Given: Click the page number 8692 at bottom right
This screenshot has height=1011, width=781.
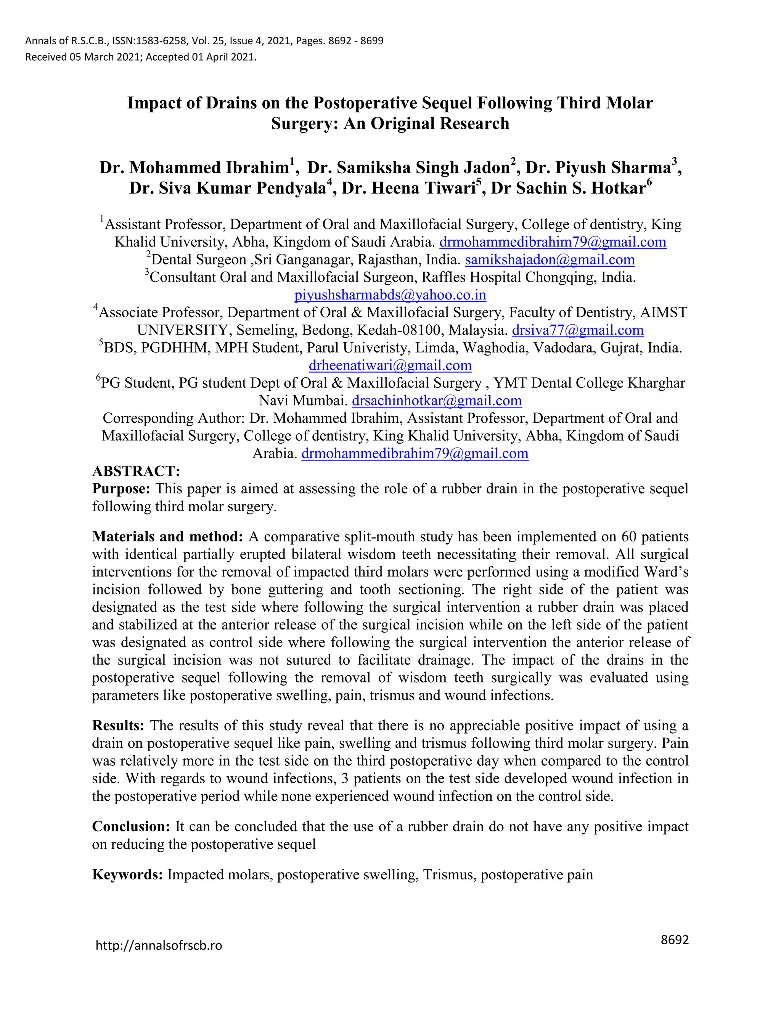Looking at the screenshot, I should point(675,940).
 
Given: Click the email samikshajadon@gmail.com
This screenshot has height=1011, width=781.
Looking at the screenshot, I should point(550,260).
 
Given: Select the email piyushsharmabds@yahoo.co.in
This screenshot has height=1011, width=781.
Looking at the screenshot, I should point(390,295).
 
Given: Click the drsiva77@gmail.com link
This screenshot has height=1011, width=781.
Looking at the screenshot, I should point(577,330).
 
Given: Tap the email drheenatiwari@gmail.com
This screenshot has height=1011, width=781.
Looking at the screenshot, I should point(390,365).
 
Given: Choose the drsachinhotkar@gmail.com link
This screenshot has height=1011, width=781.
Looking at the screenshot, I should point(437,401).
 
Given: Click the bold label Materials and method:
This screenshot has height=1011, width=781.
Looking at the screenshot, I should point(167,536).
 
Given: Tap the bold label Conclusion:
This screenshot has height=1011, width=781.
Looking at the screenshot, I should point(132,826).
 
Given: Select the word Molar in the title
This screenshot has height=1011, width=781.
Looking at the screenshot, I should point(630,103).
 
